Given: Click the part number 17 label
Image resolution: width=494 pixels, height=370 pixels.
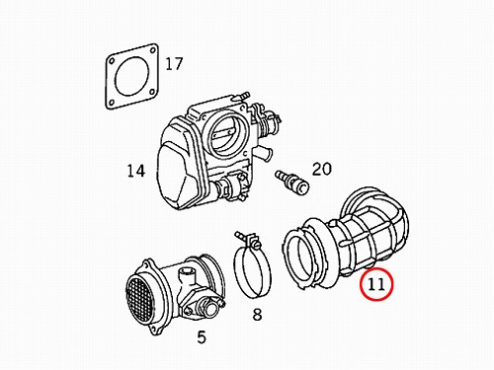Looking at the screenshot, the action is [174, 64].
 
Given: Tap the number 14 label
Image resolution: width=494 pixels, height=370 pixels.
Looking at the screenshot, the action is [136, 171].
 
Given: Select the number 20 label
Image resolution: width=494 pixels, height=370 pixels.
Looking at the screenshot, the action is [321, 169].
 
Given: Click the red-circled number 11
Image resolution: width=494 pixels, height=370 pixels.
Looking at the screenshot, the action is [376, 284].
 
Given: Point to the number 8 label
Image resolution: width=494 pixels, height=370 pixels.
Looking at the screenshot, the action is [257, 314].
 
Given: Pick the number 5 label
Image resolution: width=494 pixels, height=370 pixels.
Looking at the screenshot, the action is [202, 336].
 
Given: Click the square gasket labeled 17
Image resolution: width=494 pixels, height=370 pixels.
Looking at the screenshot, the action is [131, 76].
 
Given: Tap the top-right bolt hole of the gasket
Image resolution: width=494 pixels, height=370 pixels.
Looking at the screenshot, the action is [152, 50].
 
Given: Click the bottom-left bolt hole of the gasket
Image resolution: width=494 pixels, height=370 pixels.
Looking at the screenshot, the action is [111, 103].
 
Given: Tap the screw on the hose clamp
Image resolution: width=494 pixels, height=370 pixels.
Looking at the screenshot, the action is [246, 239].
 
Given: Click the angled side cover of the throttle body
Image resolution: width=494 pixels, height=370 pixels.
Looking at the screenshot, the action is [176, 167].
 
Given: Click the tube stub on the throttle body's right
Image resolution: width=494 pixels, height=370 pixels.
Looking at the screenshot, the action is [265, 153].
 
